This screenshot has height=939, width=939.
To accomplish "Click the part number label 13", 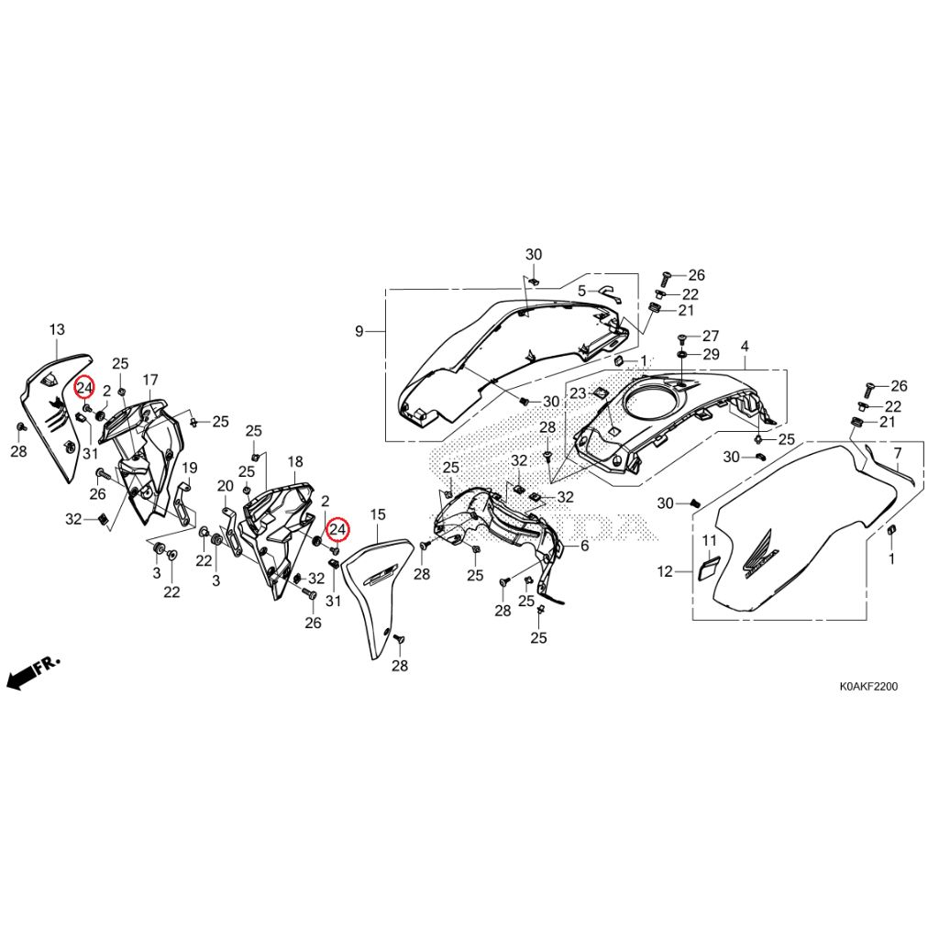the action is [57, 329].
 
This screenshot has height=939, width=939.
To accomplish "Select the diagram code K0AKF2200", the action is [868, 687].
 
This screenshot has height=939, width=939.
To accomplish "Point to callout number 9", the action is [359, 331].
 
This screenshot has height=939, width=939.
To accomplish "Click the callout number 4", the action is [745, 347].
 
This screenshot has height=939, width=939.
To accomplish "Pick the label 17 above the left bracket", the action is [150, 380].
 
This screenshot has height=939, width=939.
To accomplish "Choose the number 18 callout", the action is [295, 462].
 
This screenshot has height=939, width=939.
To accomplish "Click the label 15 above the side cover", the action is [378, 514].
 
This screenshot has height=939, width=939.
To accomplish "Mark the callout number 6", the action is [584, 546].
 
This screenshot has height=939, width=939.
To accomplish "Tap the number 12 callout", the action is [666, 572].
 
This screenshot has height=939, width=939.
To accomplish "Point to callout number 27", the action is [711, 336].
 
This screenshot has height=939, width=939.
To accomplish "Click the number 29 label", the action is [711, 355].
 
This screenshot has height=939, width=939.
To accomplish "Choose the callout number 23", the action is [578, 393].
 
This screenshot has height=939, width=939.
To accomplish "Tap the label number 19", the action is [189, 468].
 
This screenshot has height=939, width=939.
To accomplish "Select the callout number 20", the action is [226, 486].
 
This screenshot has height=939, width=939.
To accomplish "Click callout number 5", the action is [581, 292].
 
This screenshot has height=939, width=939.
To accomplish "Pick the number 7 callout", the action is [897, 453].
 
